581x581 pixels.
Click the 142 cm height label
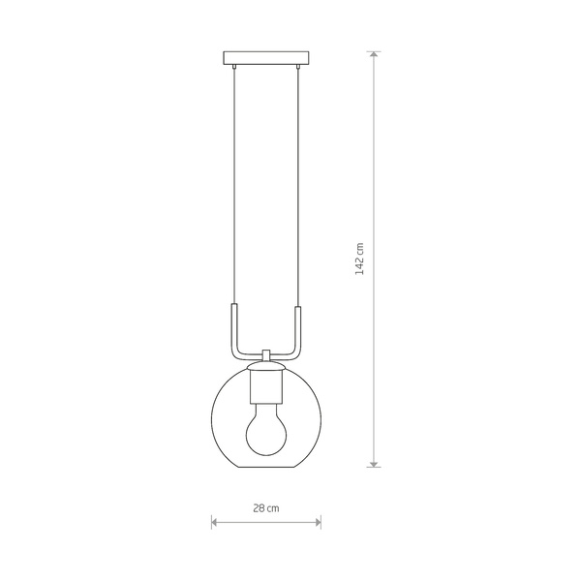359,259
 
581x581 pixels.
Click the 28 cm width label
266,508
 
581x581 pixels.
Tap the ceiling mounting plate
266,57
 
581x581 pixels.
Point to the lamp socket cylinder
266,386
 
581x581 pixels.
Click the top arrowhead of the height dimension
374,54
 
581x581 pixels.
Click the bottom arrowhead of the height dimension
374,464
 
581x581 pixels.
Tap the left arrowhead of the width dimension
215,523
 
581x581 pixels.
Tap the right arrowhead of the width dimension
318,523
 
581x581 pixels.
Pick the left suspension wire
234,186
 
